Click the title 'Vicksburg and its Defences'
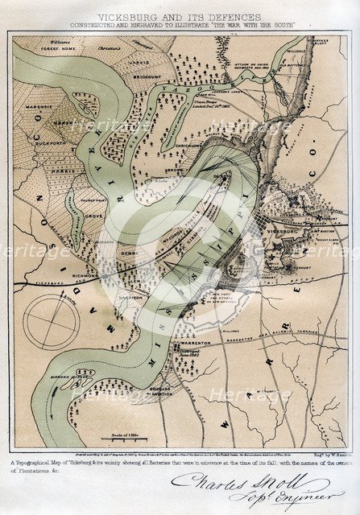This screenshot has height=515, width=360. tap(180, 16)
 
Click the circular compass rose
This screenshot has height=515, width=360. tap(52, 321)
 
